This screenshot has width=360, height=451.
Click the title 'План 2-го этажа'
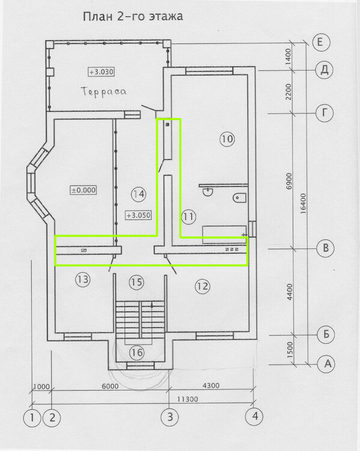133,16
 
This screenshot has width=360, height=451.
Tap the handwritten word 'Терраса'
104,92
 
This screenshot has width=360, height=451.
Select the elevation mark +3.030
101,72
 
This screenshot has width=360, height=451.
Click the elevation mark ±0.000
84,190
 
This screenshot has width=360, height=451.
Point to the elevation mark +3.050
139,215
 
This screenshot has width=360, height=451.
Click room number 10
227,140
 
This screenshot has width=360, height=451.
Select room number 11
188,216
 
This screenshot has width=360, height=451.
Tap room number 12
203,286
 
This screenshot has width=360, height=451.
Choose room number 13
83,279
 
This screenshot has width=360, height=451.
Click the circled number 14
139,194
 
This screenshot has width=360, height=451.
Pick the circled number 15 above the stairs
136,282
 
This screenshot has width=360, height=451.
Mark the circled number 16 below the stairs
136,352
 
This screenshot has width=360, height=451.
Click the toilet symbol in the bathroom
240,198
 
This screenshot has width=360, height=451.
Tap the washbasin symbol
207,191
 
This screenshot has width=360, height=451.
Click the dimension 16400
304,204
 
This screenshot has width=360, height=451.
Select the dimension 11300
188,399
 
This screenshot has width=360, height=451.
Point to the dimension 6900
289,181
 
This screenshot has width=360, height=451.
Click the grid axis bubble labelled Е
320,42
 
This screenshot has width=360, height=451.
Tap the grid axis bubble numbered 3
170,417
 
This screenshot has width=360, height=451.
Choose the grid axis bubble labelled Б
326,334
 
